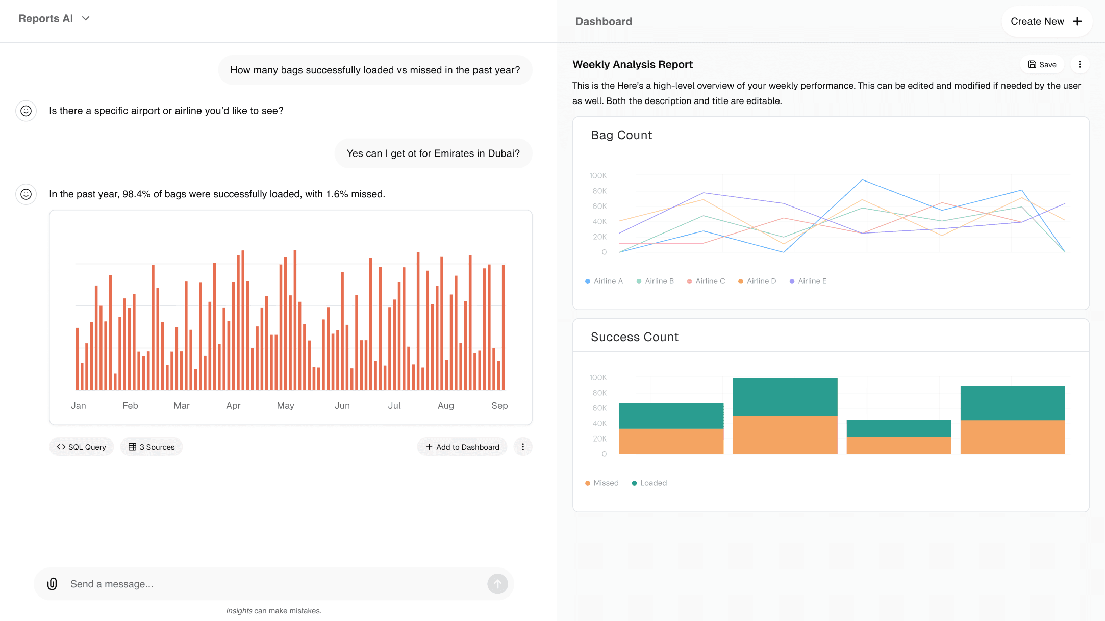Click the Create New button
click(x=1046, y=21)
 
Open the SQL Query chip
click(x=82, y=447)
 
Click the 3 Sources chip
click(x=152, y=447)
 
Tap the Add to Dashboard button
click(x=462, y=447)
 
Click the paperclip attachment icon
click(x=52, y=584)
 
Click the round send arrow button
click(x=497, y=584)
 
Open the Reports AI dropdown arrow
click(x=86, y=18)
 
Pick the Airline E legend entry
click(x=808, y=281)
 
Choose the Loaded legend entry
click(x=649, y=483)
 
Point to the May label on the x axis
click(x=285, y=405)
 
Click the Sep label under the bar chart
click(x=499, y=405)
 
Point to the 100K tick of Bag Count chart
click(x=598, y=175)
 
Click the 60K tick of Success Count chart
click(x=599, y=408)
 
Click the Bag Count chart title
click(x=621, y=135)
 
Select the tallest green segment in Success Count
click(x=785, y=397)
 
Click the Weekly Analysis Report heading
click(x=633, y=64)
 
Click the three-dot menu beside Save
click(x=1079, y=64)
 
